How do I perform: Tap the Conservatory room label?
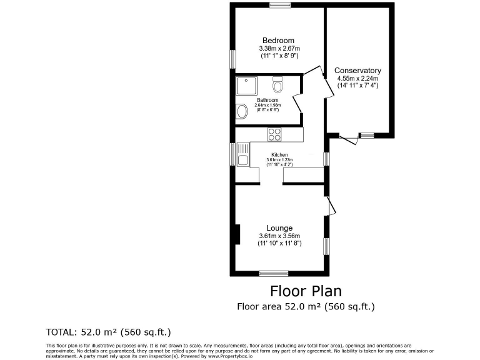[357, 71]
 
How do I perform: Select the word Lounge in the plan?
[279, 227]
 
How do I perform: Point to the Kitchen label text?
[279, 154]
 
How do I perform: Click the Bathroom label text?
[267, 100]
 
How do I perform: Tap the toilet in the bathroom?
[278, 84]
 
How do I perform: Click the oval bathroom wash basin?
[242, 112]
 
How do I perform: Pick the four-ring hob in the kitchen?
[274, 134]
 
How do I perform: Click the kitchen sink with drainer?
[242, 155]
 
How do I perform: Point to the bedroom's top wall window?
[279, 5]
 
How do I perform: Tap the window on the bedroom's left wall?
[232, 59]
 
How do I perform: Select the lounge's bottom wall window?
[274, 272]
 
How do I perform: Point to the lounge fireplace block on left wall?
[236, 234]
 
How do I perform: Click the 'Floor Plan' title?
[306, 291]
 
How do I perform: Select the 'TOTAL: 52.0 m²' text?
[108, 332]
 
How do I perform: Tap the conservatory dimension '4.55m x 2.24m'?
[357, 79]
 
